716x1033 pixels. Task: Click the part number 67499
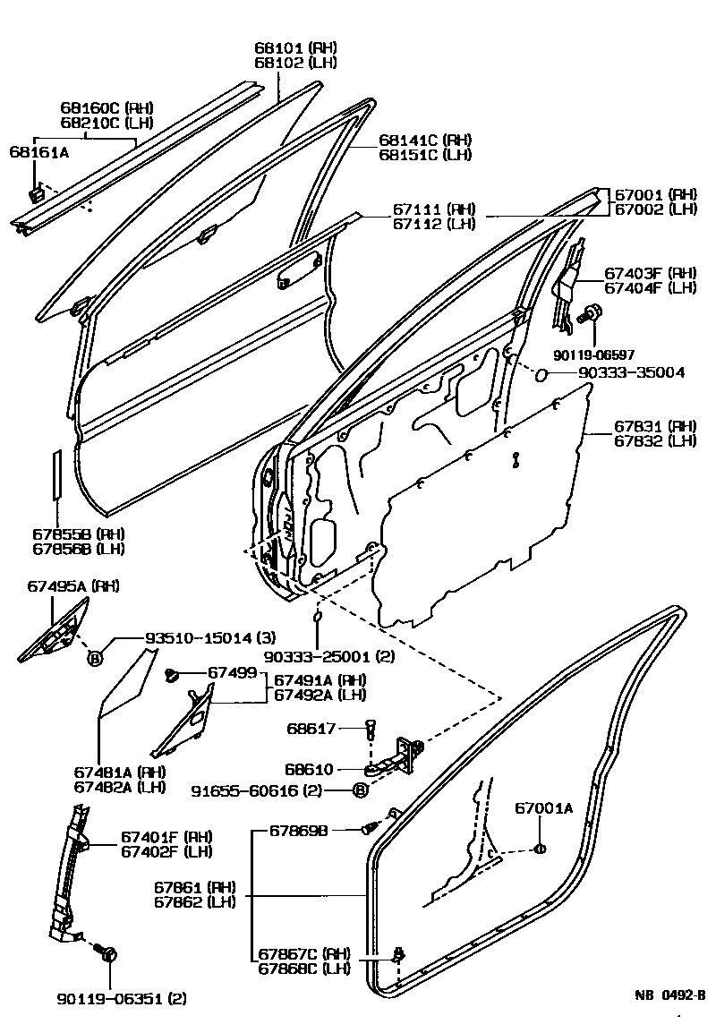233,672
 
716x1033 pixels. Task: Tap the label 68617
311,729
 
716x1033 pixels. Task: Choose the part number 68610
309,769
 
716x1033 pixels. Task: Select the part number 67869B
303,831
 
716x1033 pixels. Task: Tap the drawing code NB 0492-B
670,994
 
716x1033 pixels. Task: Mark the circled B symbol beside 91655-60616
359,790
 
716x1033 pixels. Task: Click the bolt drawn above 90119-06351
109,954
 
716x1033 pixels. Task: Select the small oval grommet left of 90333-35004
541,373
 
